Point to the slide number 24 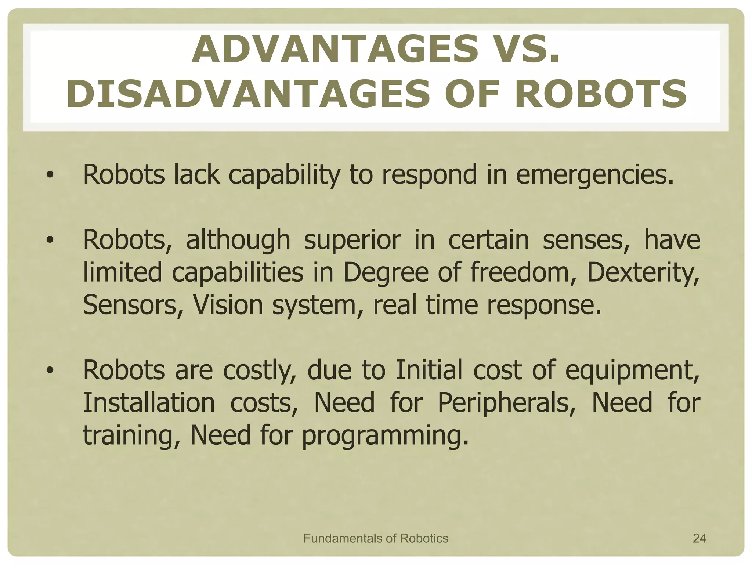[699, 538]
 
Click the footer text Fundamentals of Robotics [376, 538]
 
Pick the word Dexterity [643, 272]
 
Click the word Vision [228, 305]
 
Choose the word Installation [149, 402]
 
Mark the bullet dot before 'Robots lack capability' [50, 176]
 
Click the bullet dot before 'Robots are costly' [50, 371]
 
